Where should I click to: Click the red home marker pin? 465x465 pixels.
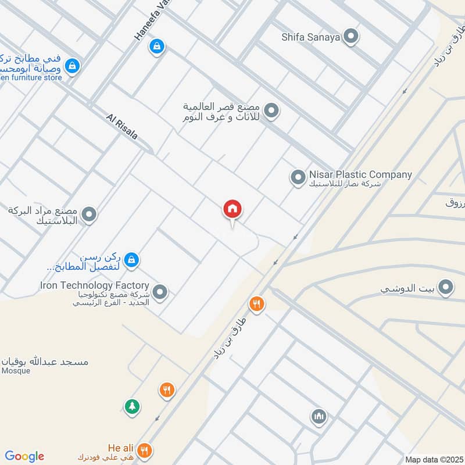coord(233,209)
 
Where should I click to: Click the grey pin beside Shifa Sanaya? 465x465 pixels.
coord(350,38)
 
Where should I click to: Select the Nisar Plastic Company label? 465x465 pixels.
coord(360,174)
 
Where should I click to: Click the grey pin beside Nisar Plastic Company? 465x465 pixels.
coord(298,177)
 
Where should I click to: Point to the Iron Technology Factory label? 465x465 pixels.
coord(95,285)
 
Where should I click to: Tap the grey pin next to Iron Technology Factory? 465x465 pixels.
coord(160,292)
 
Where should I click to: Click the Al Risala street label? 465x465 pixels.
coord(122,127)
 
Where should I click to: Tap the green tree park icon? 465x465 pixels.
coord(133,406)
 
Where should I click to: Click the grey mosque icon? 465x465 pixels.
coord(319,416)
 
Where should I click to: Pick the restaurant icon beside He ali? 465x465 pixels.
coord(145,450)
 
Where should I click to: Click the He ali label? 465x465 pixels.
coord(121,448)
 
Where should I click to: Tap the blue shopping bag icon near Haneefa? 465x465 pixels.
coord(156,46)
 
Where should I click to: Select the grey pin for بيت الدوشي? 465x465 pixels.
coord(445,287)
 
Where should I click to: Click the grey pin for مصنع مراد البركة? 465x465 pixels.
coord(89,215)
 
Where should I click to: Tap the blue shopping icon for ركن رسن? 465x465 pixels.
coord(132,259)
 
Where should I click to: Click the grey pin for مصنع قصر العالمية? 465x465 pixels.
coord(271,109)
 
